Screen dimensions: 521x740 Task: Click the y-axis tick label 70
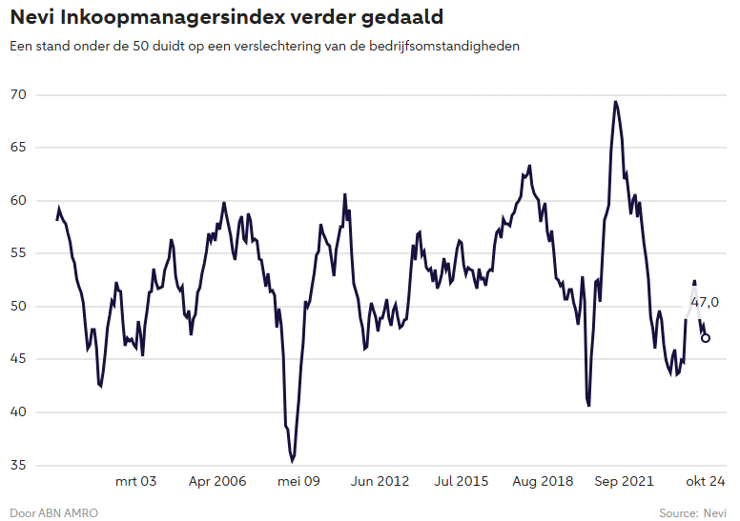(x=18, y=95)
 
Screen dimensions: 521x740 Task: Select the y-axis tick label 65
(x=18, y=148)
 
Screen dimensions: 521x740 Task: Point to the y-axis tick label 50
(x=18, y=306)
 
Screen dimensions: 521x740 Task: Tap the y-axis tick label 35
(x=18, y=465)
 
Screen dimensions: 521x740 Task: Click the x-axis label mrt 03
(x=135, y=481)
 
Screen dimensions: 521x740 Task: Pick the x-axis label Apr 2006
(x=217, y=481)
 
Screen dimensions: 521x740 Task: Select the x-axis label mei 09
(x=298, y=481)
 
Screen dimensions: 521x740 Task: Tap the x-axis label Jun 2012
(x=380, y=481)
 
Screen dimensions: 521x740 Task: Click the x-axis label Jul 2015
(x=462, y=481)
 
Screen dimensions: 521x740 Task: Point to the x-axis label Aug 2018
(x=544, y=481)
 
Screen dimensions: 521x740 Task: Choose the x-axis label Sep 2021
(x=625, y=481)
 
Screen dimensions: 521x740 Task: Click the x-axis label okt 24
(x=707, y=481)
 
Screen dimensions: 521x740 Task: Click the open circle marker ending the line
(x=706, y=337)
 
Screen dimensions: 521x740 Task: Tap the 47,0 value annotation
(x=705, y=302)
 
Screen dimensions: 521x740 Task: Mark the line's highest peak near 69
(x=616, y=102)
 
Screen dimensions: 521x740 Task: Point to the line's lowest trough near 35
(x=292, y=460)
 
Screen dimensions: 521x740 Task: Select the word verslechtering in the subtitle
(x=298, y=46)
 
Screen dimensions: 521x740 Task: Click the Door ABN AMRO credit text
(x=53, y=513)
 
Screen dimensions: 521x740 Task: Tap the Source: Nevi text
(x=692, y=513)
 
